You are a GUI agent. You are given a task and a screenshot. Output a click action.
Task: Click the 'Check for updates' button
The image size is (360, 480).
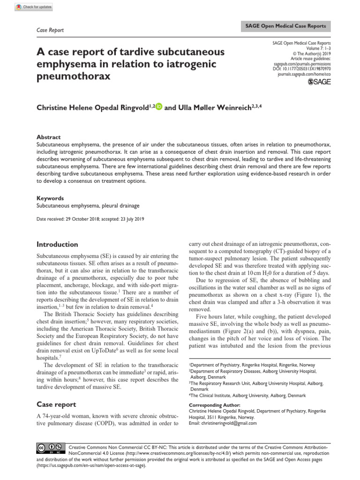pyautogui.click(x=33, y=7)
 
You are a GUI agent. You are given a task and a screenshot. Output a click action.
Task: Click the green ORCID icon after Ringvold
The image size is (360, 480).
pyautogui.click(x=158, y=107)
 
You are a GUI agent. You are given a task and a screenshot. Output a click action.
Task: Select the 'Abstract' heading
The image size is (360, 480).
pyautogui.click(x=48, y=137)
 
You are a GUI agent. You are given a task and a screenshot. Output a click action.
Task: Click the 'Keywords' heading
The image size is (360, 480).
pyautogui.click(x=50, y=198)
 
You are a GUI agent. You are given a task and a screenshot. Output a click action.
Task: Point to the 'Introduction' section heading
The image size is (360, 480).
pyautogui.click(x=57, y=244)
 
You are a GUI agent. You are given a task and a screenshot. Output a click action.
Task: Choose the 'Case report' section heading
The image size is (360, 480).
pyautogui.click(x=56, y=404)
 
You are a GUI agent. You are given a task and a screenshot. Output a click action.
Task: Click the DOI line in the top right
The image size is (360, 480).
pyautogui.click(x=299, y=69)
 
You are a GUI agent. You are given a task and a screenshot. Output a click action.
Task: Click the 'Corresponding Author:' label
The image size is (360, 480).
pyautogui.click(x=214, y=405)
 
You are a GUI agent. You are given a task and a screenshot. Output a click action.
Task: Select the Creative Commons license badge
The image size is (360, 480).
pyautogui.click(x=48, y=448)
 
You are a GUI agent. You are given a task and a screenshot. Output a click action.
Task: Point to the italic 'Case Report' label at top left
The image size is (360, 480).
pyautogui.click(x=50, y=30)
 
